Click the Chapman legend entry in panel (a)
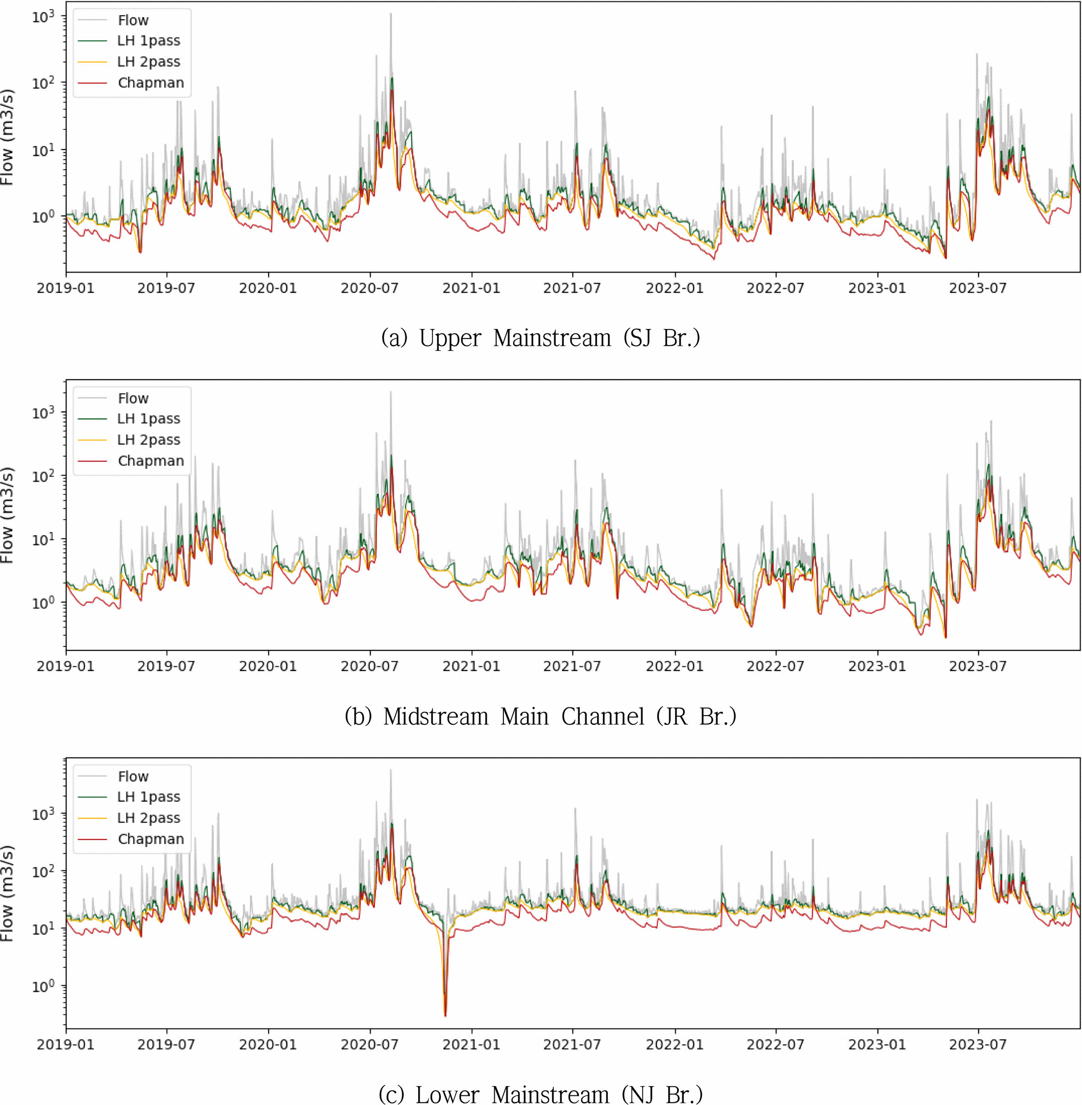[151, 83]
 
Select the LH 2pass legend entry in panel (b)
[148, 440]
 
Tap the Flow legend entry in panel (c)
[133, 777]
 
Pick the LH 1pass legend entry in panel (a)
[148, 41]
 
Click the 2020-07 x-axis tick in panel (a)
[369, 288]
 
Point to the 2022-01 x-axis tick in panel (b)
[675, 666]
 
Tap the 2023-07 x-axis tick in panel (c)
[978, 1044]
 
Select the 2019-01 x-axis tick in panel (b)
[66, 666]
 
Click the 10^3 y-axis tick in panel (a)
[43, 16]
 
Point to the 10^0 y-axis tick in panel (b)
[43, 602]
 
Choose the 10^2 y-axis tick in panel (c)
[43, 871]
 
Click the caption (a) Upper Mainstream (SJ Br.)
[541, 338]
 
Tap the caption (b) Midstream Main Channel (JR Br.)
[541, 716]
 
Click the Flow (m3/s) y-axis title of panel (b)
[7, 515]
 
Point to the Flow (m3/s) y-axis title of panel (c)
[7, 893]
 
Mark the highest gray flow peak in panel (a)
[390, 14]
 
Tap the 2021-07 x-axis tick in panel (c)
[572, 1044]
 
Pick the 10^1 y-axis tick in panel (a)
[43, 151]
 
